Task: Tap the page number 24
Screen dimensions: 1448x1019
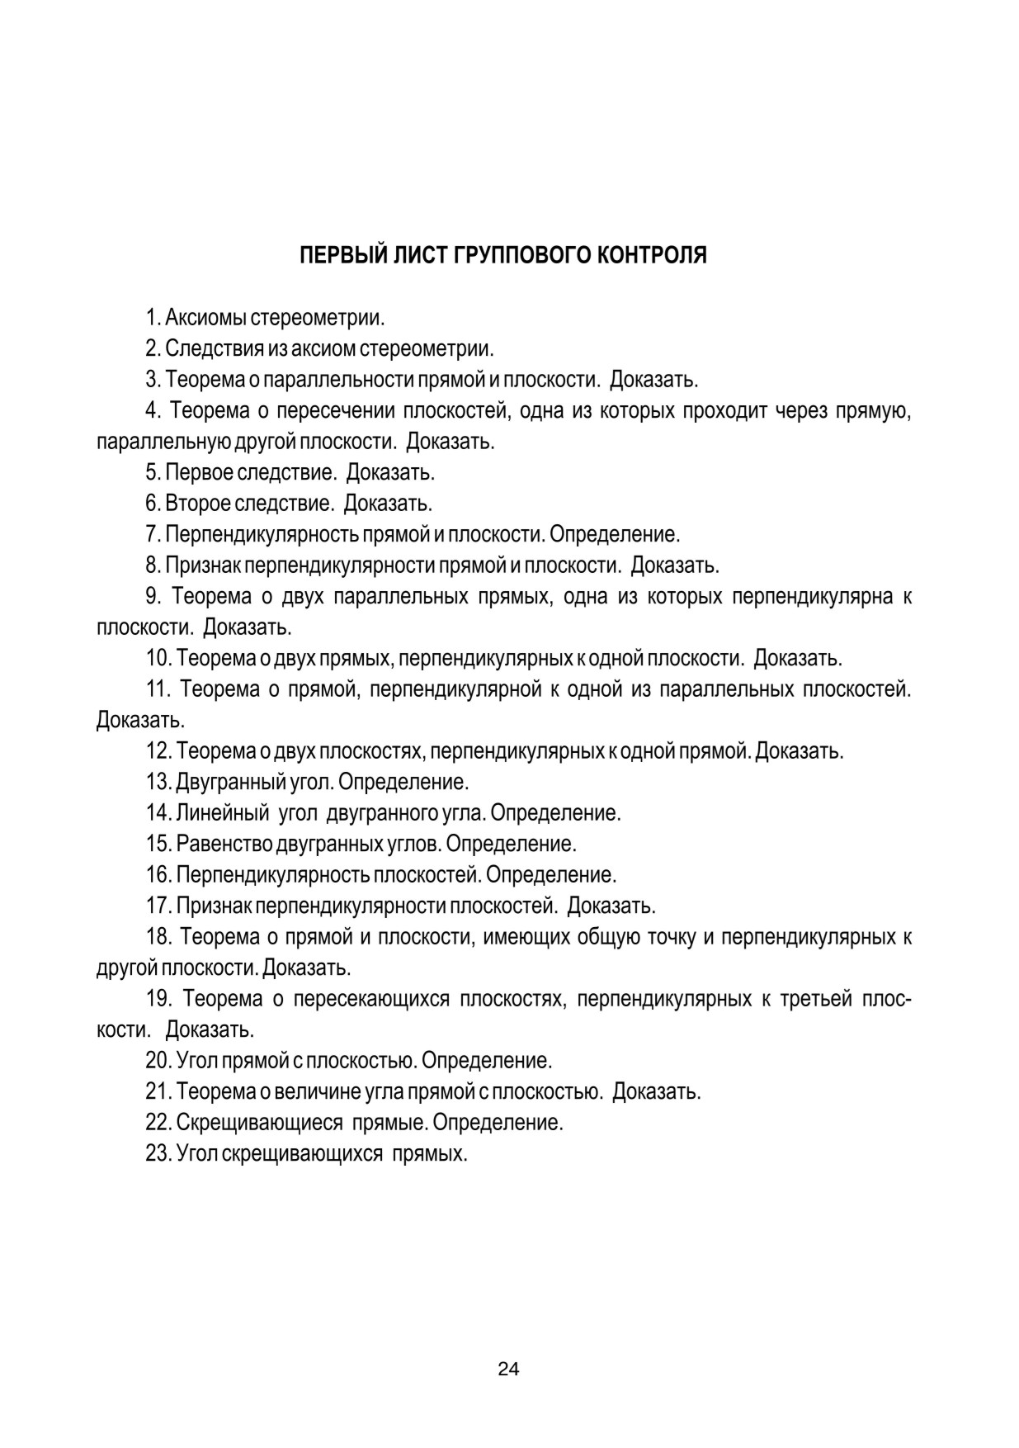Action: pyautogui.click(x=508, y=1370)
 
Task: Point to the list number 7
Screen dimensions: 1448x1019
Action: pyautogui.click(x=151, y=534)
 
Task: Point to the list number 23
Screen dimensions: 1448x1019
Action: pyautogui.click(x=157, y=1153)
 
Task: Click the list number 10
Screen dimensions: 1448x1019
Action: pyautogui.click(x=157, y=658)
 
